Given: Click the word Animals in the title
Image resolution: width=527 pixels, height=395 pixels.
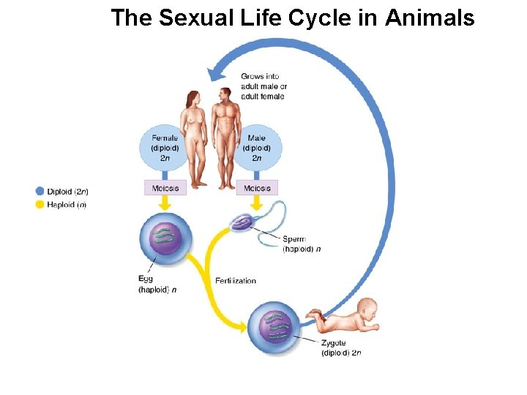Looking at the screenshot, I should (x=430, y=18).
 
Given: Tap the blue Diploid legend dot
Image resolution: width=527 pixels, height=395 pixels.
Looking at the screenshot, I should (x=40, y=192).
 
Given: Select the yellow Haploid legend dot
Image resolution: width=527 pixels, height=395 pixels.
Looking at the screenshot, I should (x=40, y=204).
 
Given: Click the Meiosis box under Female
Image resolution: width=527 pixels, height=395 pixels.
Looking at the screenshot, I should (x=165, y=187).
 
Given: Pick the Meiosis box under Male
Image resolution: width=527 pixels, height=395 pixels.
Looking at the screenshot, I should (x=257, y=187).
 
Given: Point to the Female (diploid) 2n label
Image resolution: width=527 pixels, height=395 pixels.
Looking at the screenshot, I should (x=165, y=148).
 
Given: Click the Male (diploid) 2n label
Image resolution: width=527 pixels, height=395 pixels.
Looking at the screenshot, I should (x=257, y=148).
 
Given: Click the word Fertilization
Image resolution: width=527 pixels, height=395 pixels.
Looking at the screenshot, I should (x=236, y=281).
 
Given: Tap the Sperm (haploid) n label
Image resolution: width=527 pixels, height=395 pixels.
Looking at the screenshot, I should (x=302, y=244).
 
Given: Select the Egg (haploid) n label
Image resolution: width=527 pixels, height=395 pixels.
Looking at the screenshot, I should (x=156, y=284).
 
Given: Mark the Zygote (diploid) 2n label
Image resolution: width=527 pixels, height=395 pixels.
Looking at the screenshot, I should (x=340, y=347).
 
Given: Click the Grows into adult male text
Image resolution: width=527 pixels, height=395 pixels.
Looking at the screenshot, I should (x=263, y=86).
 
